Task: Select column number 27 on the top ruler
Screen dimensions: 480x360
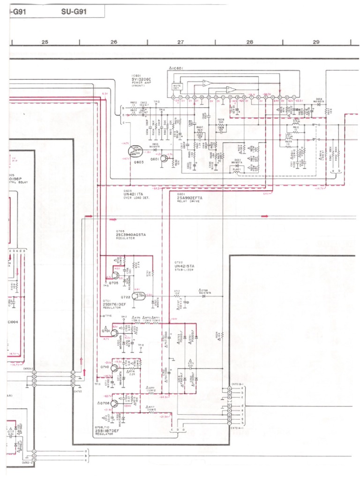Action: pos(181,42)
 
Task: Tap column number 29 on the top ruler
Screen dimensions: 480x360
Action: pos(316,42)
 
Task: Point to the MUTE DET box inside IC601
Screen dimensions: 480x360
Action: pos(178,87)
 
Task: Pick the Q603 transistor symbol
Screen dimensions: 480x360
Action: pos(135,151)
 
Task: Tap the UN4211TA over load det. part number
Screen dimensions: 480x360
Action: pos(134,195)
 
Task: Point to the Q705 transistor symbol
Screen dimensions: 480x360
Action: pos(115,274)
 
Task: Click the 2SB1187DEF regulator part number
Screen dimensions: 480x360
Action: pos(108,431)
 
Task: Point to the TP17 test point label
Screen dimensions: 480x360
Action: pos(124,317)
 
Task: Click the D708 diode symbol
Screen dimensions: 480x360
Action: pos(203,296)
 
